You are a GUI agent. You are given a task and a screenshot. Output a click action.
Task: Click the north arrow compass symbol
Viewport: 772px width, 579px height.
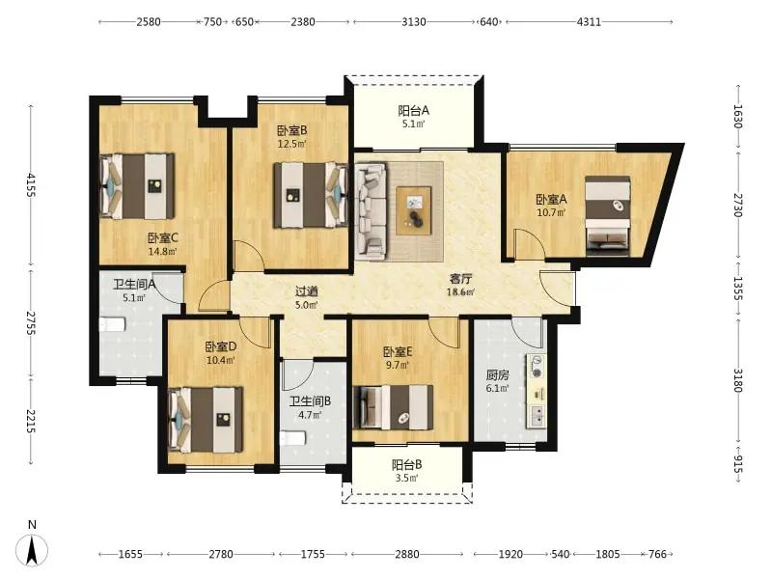pyautogui.click(x=32, y=548)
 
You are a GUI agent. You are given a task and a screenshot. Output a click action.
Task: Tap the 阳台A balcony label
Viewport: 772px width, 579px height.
pyautogui.click(x=414, y=110)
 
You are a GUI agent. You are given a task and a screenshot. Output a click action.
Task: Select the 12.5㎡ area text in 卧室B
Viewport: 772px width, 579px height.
pyautogui.click(x=292, y=144)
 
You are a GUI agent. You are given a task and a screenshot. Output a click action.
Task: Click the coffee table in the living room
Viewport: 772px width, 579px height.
pyautogui.click(x=414, y=210)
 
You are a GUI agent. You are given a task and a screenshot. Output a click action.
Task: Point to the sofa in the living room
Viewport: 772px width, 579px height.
pyautogui.click(x=372, y=210)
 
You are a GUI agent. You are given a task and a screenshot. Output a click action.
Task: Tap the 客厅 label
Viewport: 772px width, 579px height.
pyautogui.click(x=460, y=279)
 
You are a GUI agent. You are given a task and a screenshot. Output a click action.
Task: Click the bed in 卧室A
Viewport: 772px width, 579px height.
pyautogui.click(x=608, y=215)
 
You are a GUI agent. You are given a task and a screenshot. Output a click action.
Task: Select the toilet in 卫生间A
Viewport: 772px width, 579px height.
pyautogui.click(x=113, y=325)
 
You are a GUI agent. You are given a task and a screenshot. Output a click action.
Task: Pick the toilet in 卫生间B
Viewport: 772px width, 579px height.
pyautogui.click(x=293, y=438)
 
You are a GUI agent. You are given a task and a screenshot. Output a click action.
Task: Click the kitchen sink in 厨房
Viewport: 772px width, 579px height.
pyautogui.click(x=537, y=416)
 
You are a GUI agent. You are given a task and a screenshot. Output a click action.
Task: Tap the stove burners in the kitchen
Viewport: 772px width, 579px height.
pyautogui.click(x=538, y=366)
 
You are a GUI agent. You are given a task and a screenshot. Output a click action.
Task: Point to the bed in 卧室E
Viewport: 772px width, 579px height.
pyautogui.click(x=394, y=406)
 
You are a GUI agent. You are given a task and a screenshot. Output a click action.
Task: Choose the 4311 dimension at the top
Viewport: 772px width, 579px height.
pyautogui.click(x=589, y=21)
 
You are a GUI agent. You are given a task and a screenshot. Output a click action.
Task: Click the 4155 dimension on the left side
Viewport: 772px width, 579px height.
pyautogui.click(x=32, y=185)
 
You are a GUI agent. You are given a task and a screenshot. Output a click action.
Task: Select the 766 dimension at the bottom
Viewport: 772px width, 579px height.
pyautogui.click(x=657, y=554)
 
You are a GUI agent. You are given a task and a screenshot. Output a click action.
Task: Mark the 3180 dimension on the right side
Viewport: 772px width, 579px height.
pyautogui.click(x=737, y=380)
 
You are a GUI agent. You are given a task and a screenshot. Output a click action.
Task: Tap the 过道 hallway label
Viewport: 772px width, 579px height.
pyautogui.click(x=306, y=291)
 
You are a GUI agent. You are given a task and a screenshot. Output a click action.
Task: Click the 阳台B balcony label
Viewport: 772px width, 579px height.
pyautogui.click(x=406, y=465)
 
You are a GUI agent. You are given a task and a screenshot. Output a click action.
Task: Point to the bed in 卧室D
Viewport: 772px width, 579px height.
pyautogui.click(x=206, y=420)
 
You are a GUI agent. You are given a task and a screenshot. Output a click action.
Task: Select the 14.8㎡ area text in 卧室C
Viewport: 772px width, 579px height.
pyautogui.click(x=162, y=252)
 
